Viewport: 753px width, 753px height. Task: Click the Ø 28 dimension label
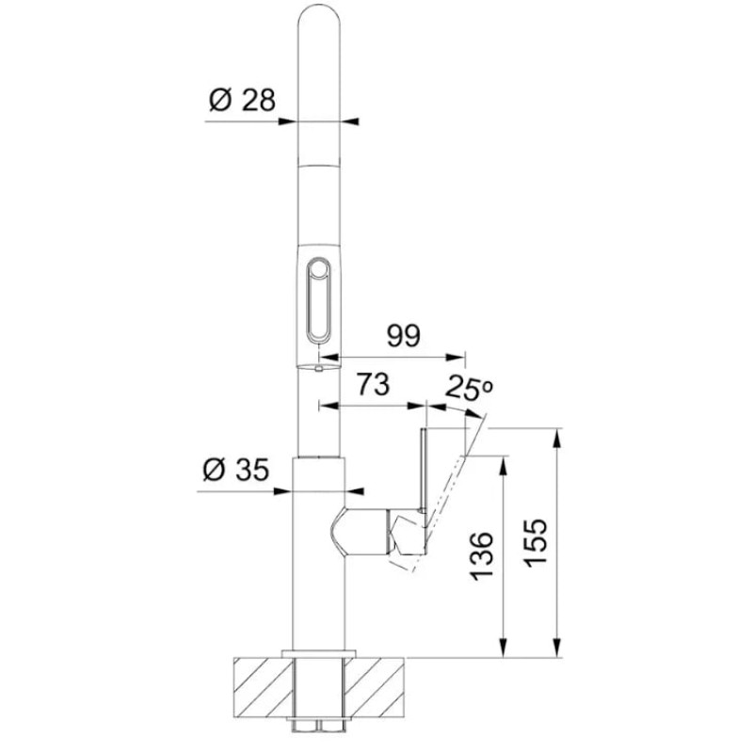pyautogui.click(x=243, y=100)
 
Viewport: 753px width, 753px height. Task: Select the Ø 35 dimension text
pyautogui.click(x=235, y=469)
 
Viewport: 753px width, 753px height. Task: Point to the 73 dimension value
pyautogui.click(x=373, y=384)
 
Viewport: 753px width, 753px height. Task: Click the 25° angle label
pyautogui.click(x=469, y=387)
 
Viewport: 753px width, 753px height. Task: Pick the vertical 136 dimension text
pyautogui.click(x=481, y=554)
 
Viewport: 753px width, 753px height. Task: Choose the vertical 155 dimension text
pyautogui.click(x=536, y=543)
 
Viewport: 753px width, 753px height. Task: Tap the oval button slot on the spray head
pyautogui.click(x=318, y=300)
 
